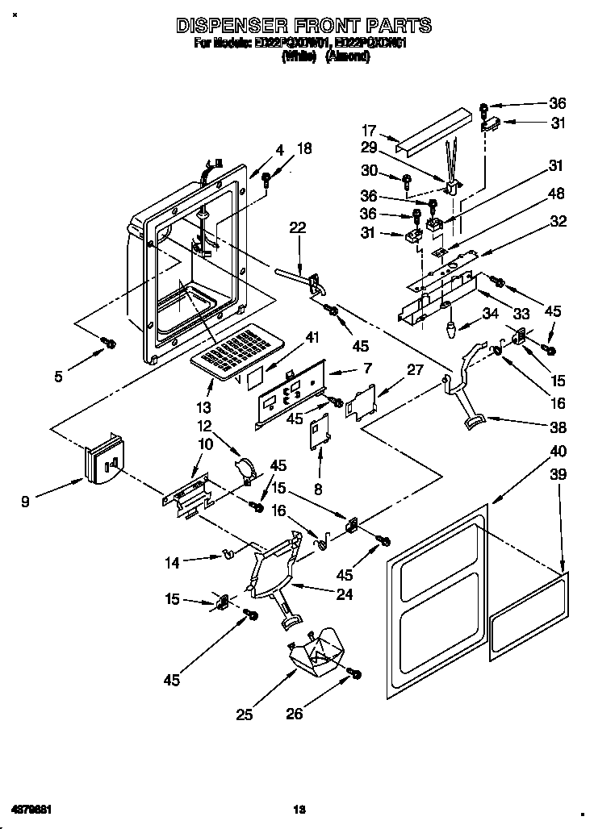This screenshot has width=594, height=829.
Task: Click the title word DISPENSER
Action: [229, 26]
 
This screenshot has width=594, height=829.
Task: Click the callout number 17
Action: [370, 130]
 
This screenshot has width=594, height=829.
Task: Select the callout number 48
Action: [556, 194]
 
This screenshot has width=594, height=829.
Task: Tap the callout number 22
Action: [298, 228]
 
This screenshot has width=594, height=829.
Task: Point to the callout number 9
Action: [27, 502]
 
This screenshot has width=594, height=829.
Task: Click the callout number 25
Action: [245, 714]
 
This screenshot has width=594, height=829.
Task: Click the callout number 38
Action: [557, 427]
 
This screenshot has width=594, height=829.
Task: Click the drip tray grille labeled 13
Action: [236, 349]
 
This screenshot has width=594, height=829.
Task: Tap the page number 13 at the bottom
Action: [298, 809]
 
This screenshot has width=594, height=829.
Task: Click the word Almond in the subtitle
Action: [347, 58]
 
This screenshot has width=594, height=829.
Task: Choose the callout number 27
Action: [415, 370]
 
